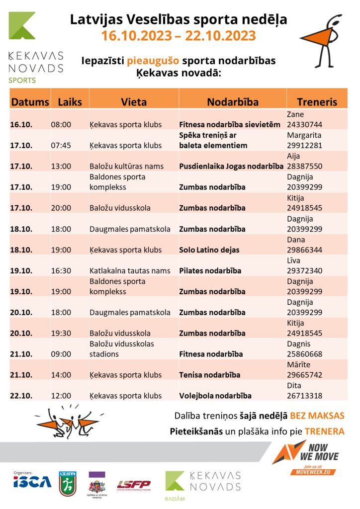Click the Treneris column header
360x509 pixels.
(x=317, y=102)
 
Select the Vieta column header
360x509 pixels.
(x=134, y=102)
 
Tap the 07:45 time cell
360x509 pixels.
(x=61, y=145)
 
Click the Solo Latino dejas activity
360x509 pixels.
(x=209, y=250)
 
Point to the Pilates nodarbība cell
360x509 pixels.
(x=210, y=271)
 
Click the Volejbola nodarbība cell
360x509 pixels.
(x=215, y=396)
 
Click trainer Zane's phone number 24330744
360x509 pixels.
(x=304, y=124)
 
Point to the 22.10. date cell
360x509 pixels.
(x=21, y=396)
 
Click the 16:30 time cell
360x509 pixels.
(x=61, y=271)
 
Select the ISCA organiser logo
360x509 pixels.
(x=32, y=482)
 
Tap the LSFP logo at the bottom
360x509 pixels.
(x=134, y=484)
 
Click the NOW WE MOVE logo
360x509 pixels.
(x=304, y=455)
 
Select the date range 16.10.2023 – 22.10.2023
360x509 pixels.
(x=179, y=36)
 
